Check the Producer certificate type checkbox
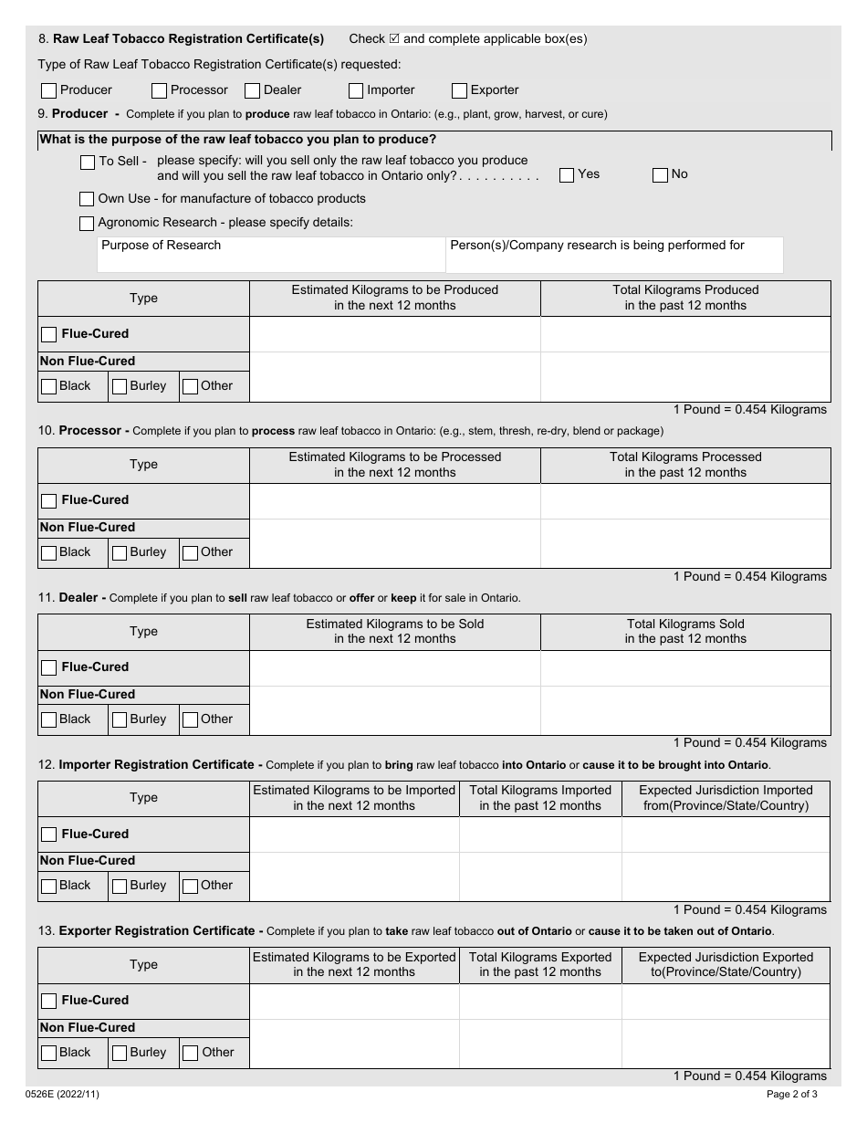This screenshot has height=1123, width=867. point(49,90)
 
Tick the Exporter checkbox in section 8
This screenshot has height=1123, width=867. point(459,90)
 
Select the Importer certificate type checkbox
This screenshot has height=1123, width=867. point(356,90)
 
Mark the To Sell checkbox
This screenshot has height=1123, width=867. point(88,162)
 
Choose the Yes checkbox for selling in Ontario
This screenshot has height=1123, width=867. point(567,174)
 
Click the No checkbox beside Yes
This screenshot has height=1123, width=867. point(660,174)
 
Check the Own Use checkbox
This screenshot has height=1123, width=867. point(87,199)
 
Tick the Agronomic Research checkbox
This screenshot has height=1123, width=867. point(87,223)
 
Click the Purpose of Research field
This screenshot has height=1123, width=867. point(271,256)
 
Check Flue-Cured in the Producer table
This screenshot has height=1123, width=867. point(49,334)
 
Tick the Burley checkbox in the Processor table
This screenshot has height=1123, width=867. point(120,552)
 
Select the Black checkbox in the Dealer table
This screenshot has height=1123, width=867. point(49,719)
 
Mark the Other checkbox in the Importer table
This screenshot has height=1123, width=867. point(190,886)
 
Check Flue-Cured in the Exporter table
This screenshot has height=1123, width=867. point(49,1001)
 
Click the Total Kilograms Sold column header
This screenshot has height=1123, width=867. point(685,632)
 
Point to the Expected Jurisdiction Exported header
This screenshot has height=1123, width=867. point(726,965)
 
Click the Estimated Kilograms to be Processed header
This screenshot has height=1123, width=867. point(394,465)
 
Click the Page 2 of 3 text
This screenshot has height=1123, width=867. point(791,1094)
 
